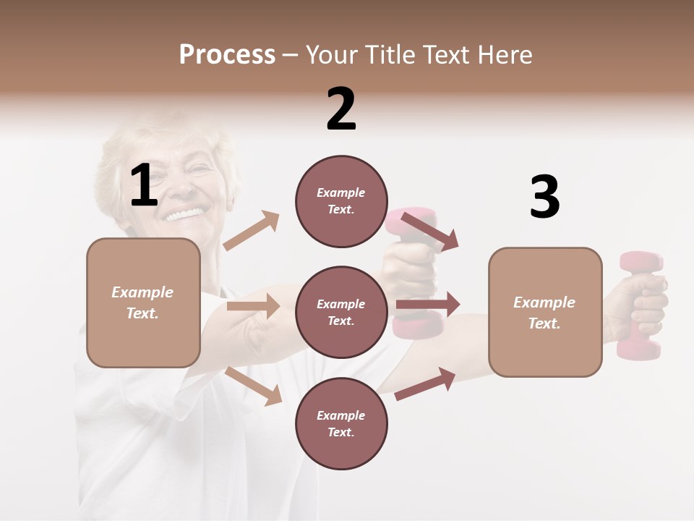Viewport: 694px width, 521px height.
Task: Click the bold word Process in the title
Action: point(227,55)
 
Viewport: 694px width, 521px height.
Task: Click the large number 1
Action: point(144,186)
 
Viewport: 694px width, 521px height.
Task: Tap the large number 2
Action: point(341,109)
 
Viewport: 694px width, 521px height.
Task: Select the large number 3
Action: point(544,198)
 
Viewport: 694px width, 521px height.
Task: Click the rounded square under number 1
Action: point(143,302)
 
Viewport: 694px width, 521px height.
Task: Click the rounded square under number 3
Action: point(545,312)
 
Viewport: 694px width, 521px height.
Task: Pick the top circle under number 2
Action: point(341,201)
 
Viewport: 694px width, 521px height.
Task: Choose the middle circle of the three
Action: point(341,312)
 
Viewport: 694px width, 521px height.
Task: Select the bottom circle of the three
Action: point(341,423)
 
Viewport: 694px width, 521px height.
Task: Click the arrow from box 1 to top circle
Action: point(251,231)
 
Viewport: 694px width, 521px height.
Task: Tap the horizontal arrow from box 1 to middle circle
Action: point(253,306)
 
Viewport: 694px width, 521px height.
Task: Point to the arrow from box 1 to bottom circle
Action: point(253,385)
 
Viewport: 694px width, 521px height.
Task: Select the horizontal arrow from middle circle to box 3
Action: point(428,305)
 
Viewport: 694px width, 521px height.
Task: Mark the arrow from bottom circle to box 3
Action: point(425,384)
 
